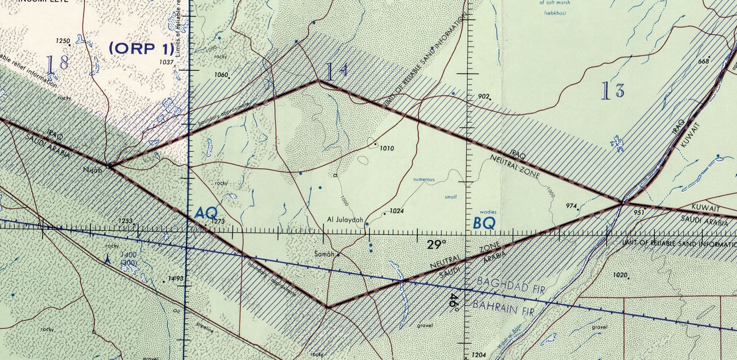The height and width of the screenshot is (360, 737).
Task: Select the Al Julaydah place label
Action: (345, 220)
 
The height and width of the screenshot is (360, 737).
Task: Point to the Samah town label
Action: (324, 254)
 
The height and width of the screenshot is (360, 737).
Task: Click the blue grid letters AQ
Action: (206, 214)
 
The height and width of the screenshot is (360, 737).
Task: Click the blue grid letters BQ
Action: (484, 223)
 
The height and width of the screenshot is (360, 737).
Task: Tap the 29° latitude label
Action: (437, 244)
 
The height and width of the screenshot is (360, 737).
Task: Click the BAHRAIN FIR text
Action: (503, 308)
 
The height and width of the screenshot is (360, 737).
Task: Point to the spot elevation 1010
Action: (387, 148)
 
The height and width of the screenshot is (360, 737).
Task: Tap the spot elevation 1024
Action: (396, 211)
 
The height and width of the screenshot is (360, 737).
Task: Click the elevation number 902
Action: (483, 96)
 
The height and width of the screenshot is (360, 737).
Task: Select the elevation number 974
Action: (572, 206)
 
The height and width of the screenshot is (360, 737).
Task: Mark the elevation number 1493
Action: (175, 279)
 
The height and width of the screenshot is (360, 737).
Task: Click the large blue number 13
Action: (612, 90)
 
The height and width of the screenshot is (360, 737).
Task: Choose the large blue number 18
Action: (57, 63)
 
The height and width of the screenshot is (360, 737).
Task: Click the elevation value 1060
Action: (221, 75)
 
